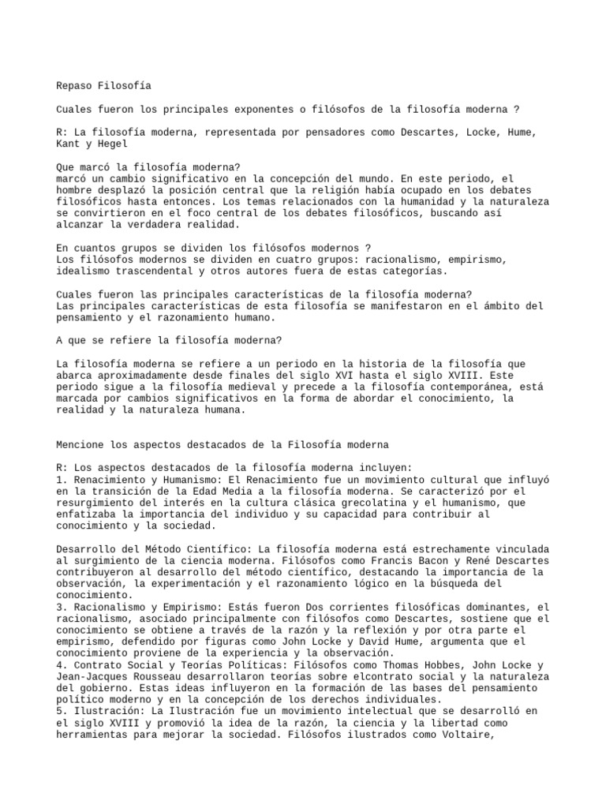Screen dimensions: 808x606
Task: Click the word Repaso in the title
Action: click(73, 85)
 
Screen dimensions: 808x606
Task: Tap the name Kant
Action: click(69, 144)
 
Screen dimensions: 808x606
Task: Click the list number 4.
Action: click(60, 665)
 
